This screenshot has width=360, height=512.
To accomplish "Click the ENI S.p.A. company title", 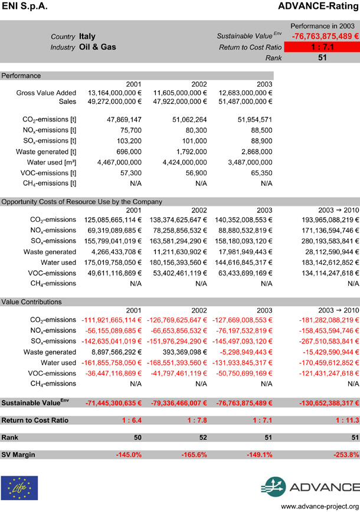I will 25,6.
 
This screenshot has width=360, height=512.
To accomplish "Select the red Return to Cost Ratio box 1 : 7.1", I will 320,47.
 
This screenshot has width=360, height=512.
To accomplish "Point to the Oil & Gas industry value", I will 97,47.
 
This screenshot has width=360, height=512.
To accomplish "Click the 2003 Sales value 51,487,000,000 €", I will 242,101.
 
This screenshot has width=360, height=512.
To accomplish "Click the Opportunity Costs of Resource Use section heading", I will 81,202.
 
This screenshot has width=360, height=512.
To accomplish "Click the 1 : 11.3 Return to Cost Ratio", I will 343,421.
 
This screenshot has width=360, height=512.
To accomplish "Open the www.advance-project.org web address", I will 319,506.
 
